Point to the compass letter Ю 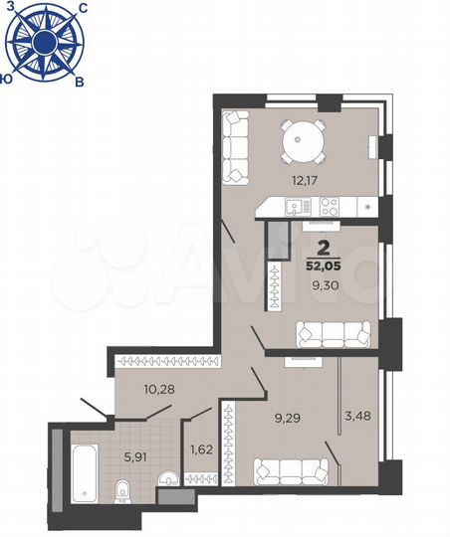click(8, 77)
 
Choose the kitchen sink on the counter click(294, 207)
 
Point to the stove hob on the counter click(330, 207)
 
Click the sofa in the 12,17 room click(236, 146)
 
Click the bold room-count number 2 click(323, 248)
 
